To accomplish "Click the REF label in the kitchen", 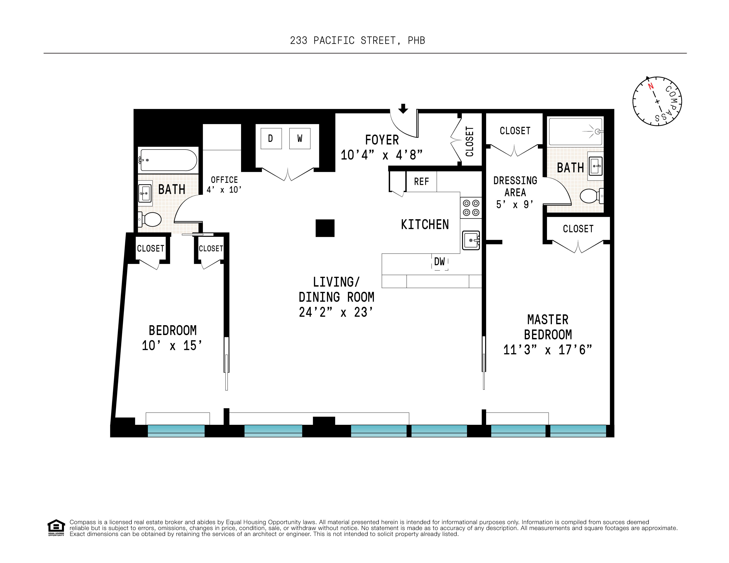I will [421, 182].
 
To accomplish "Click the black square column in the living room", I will [325, 228].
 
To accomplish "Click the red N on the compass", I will [650, 86].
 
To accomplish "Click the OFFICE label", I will [224, 180].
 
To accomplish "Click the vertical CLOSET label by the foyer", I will [470, 141].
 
